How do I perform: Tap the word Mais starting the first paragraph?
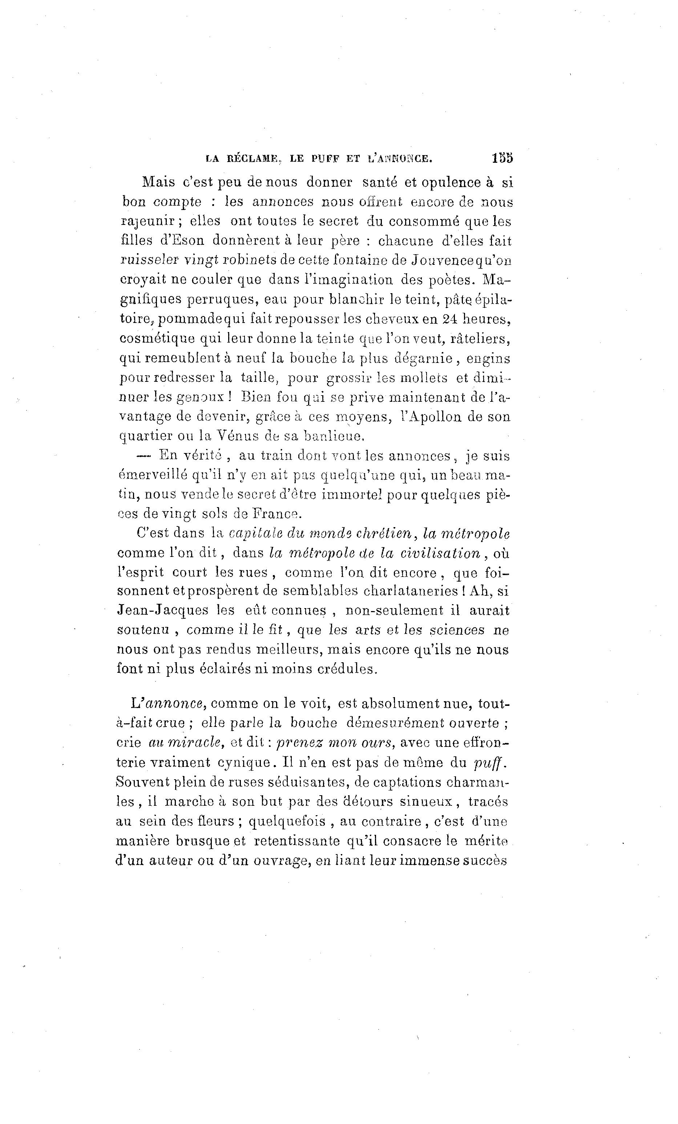tap(158, 182)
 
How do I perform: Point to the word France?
tap(273, 514)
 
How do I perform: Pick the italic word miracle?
tap(185, 743)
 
